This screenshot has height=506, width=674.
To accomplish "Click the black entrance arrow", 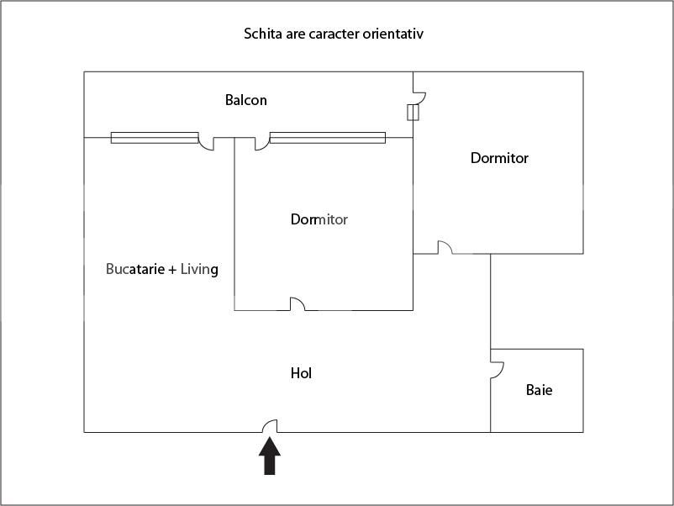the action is point(270,456).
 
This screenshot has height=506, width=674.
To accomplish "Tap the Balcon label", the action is point(246,100).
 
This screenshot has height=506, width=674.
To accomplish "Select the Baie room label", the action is point(539,390).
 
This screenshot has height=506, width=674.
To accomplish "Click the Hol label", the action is point(301,373).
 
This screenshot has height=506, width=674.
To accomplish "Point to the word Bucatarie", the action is point(135,269).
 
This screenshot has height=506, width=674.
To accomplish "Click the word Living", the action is point(199,270).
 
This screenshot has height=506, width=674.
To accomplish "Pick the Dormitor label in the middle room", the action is point(319,219).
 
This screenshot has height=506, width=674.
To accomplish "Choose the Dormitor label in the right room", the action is point(499,158).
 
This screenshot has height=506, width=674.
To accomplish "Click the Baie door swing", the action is point(498,371).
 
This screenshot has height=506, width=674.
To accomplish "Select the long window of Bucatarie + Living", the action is point(155,138).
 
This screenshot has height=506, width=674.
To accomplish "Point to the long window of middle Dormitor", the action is point(328,138).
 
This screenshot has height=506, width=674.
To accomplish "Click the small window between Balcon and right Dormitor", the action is point(413,112).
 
